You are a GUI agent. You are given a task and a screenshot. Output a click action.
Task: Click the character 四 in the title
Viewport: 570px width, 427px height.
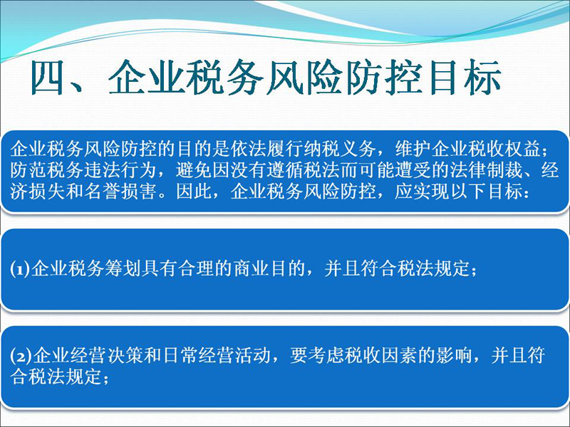click(48, 78)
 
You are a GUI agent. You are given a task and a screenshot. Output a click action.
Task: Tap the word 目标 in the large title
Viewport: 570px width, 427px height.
click(466, 78)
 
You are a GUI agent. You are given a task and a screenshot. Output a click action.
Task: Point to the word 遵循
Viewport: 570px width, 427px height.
click(285, 170)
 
